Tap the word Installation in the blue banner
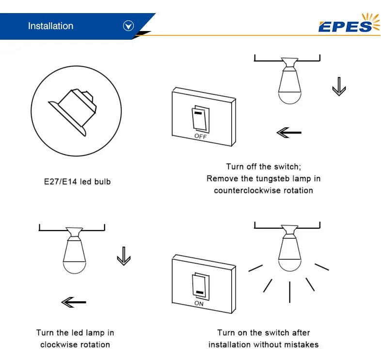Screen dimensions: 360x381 (50, 26)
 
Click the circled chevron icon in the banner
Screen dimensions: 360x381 (128, 26)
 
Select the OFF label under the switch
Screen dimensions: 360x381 (200, 137)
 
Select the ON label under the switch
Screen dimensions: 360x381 (199, 304)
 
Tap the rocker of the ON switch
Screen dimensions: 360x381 (199, 286)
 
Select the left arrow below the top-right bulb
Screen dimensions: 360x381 (289, 132)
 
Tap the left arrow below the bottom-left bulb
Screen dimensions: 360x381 (74, 302)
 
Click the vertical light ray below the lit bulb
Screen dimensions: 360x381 (289, 292)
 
